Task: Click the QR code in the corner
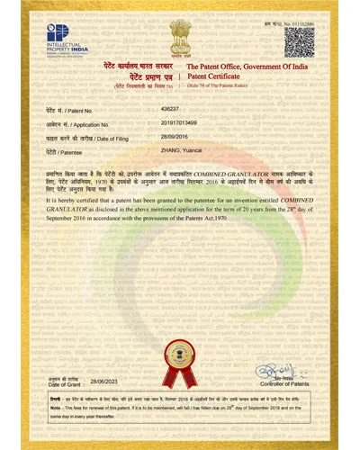click(x=298, y=41)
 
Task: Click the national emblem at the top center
click(x=179, y=40)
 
